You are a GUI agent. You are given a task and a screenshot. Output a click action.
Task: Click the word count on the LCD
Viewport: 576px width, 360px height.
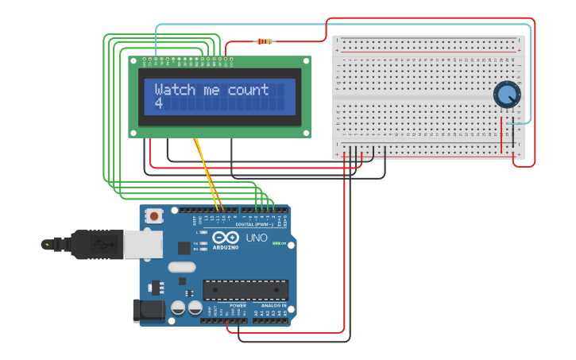(248, 90)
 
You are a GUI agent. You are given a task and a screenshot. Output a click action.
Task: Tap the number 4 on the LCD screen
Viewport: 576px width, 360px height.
(158, 103)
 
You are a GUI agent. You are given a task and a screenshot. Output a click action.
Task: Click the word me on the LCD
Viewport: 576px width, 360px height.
(211, 90)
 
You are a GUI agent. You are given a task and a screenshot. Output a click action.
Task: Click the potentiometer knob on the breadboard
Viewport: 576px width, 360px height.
(505, 95)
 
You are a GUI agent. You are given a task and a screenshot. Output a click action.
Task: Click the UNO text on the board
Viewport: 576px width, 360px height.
(257, 238)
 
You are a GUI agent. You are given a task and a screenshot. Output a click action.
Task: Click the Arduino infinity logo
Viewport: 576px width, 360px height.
(226, 238)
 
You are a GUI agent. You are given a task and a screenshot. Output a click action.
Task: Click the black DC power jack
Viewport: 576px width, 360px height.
(149, 309)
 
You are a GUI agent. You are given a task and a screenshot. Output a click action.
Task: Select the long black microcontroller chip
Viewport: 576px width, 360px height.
(245, 290)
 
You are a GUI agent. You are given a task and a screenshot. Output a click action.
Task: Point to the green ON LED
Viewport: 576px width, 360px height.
(275, 243)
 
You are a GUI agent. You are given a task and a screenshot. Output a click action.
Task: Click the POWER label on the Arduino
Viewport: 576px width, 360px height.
(238, 304)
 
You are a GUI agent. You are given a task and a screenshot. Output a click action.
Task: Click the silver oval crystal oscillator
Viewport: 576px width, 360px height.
(182, 267)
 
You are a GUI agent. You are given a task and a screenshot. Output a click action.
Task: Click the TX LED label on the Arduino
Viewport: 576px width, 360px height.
(196, 243)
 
